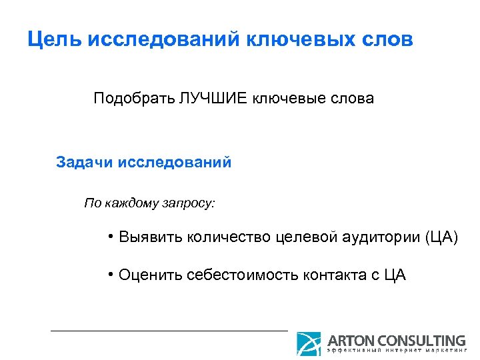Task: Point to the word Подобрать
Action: coord(133,99)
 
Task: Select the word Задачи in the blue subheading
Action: coord(85,162)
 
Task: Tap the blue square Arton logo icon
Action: coord(309,343)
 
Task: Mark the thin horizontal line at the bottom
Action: coord(169,330)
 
